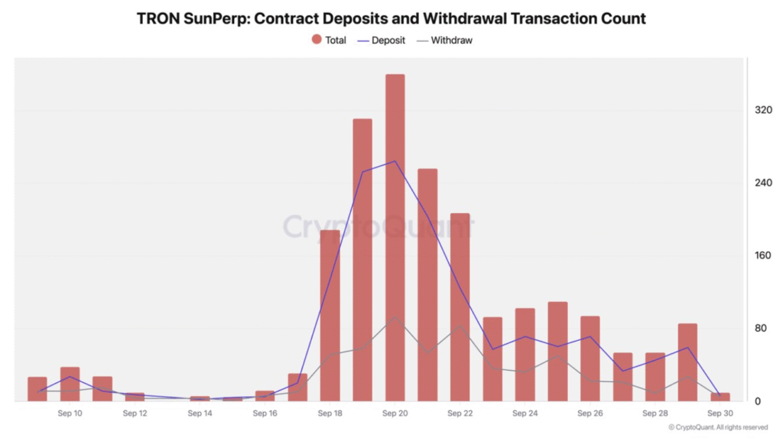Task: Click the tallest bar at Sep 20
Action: (x=395, y=237)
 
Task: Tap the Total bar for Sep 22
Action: (x=460, y=307)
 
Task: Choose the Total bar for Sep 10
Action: (x=70, y=384)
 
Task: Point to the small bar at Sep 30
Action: (x=720, y=397)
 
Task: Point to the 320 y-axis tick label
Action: (x=763, y=110)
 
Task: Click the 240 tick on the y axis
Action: (x=763, y=183)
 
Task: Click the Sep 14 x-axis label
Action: (x=200, y=414)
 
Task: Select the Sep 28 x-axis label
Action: (x=655, y=414)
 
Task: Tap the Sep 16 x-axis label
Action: (x=265, y=414)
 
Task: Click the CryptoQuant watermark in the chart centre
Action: (x=379, y=226)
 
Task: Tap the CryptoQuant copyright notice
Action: (x=718, y=427)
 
